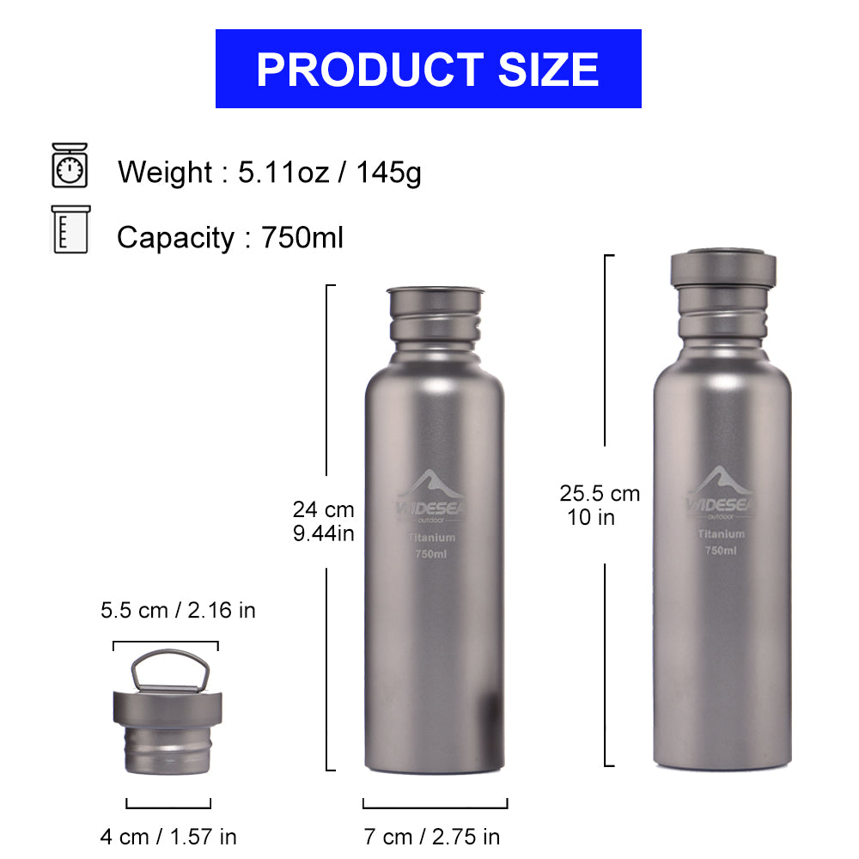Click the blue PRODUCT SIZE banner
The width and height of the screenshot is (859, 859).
pos(428,69)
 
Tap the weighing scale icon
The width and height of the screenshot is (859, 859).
pos(70,165)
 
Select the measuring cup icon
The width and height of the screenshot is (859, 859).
pos(70,229)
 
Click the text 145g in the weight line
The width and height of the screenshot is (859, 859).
pos(389,173)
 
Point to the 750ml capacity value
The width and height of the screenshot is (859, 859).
pos(302,237)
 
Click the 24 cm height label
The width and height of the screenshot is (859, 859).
pos(323,509)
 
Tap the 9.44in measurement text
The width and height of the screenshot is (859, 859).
pos(323,533)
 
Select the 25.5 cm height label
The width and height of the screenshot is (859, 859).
pos(600,493)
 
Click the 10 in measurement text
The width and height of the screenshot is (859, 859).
pos(592,517)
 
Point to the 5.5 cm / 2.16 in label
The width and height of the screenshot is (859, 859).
pos(178,611)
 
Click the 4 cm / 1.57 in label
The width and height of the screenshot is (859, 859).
pos(168,836)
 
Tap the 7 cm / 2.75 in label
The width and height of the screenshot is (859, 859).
pos(432,836)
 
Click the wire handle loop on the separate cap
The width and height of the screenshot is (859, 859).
pos(168,669)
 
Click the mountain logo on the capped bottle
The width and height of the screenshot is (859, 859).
pos(720,484)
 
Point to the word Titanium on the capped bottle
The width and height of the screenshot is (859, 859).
pos(721,534)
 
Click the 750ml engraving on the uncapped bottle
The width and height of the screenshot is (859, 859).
pos(431,554)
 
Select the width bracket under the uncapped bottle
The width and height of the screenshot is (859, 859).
pos(435,804)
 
